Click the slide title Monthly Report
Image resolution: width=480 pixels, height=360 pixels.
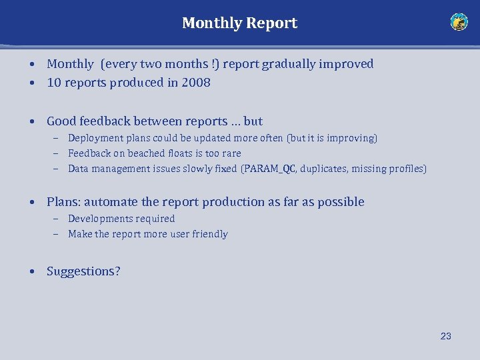click(239, 23)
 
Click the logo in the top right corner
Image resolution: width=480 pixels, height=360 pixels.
click(459, 22)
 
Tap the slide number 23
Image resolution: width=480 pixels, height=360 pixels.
click(445, 336)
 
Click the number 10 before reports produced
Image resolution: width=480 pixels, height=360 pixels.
click(54, 83)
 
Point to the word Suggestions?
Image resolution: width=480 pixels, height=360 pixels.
click(83, 271)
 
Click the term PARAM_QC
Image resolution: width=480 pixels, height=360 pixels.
click(270, 169)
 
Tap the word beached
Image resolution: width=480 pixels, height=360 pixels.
click(146, 153)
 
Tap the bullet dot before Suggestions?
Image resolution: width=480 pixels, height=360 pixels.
click(32, 272)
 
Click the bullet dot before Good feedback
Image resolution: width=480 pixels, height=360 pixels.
click(32, 122)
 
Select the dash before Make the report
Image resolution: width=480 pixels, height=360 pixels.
click(57, 234)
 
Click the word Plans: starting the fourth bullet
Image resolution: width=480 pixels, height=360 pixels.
click(63, 202)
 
